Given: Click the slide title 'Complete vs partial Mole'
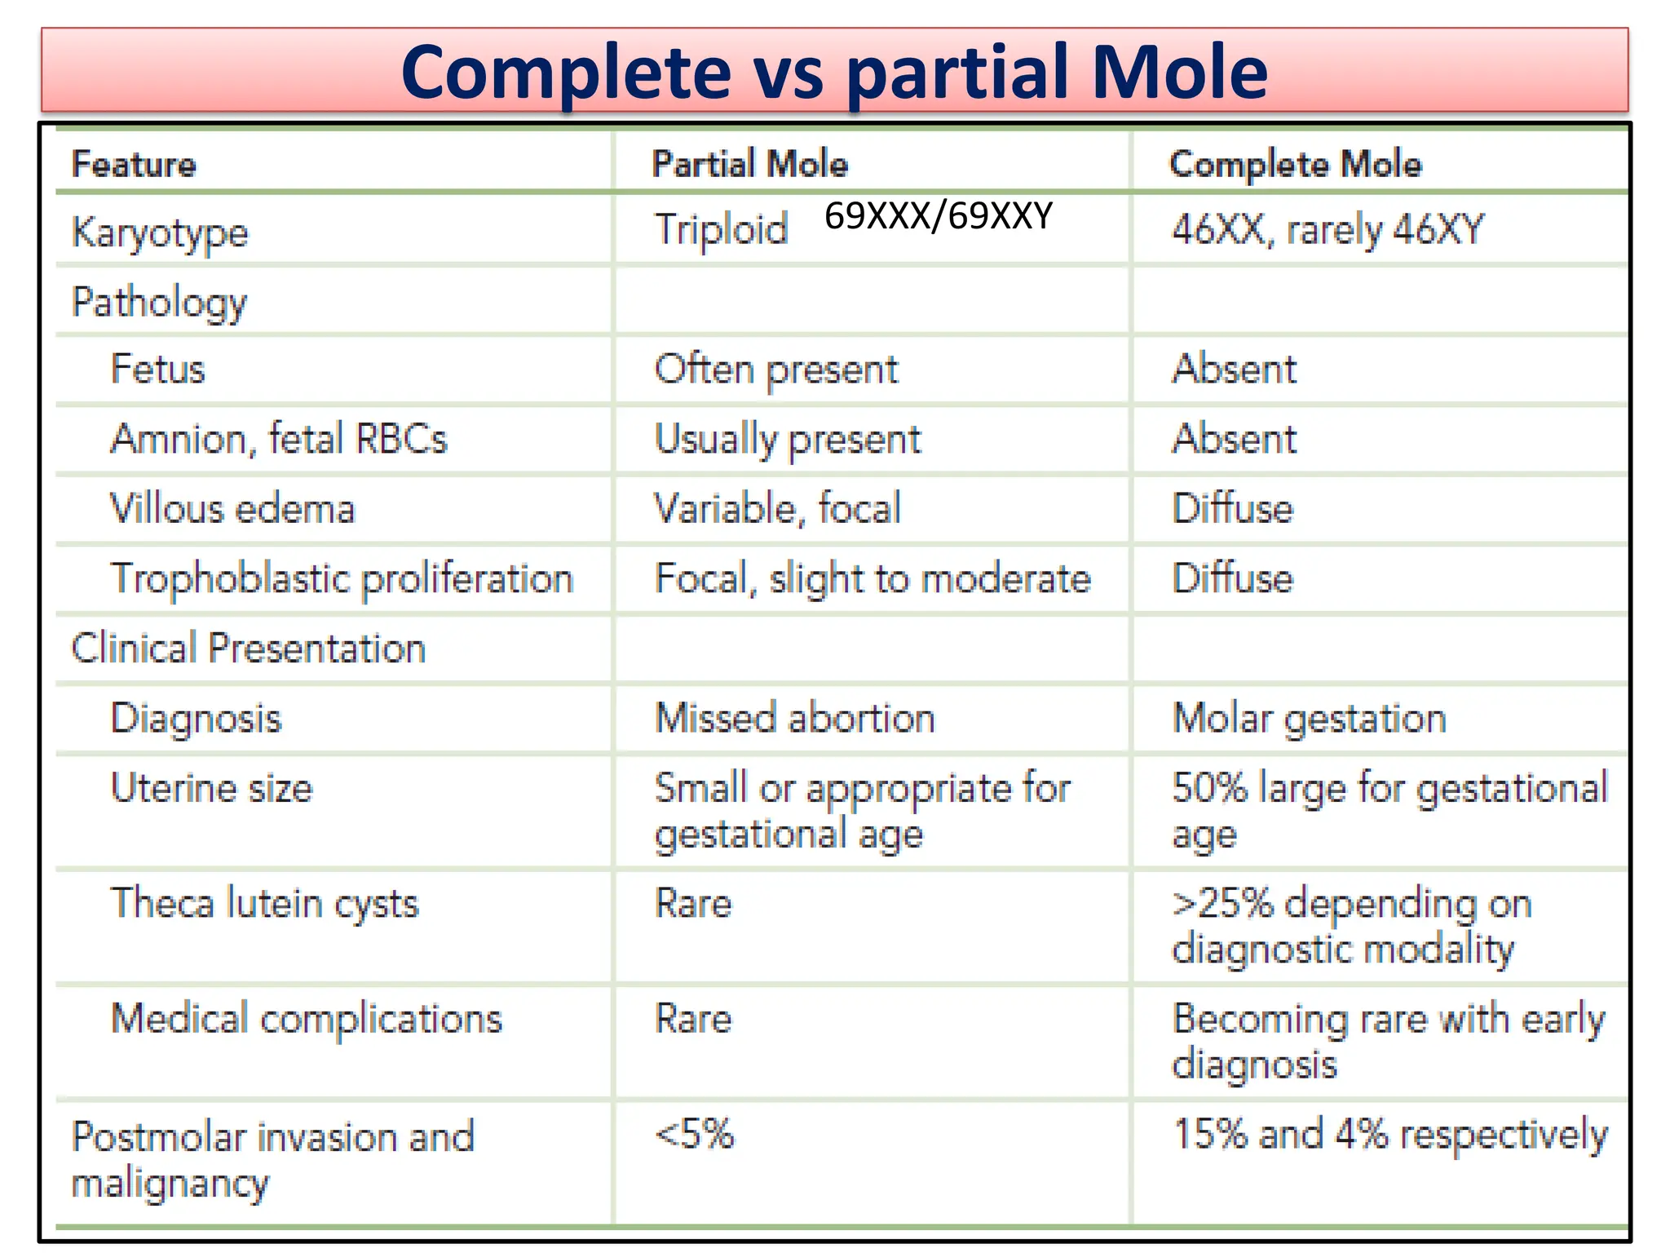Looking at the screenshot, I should [x=833, y=72].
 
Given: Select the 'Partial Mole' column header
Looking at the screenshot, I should [x=749, y=164].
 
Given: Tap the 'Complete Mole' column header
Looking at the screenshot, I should [x=1295, y=164].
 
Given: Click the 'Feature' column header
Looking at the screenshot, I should [x=134, y=164].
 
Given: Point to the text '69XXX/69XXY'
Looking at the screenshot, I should [x=938, y=216].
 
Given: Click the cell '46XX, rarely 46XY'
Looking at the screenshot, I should [x=1328, y=230].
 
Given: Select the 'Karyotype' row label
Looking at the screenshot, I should [x=160, y=233].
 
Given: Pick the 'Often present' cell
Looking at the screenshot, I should [x=775, y=370].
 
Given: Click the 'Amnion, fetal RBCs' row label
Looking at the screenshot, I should [x=279, y=439].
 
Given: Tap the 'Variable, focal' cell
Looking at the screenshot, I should [x=778, y=509].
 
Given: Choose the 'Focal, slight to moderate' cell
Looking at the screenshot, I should [x=873, y=579].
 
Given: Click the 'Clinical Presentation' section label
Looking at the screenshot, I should [x=248, y=649].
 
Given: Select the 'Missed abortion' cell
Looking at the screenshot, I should [x=794, y=719].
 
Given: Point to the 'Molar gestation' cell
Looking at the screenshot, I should [x=1309, y=719].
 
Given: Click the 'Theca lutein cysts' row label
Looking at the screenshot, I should [x=264, y=904].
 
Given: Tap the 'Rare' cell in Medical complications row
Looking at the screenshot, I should [x=693, y=1019].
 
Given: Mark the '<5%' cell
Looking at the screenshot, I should [x=694, y=1134].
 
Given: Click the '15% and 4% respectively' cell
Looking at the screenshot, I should [x=1389, y=1134].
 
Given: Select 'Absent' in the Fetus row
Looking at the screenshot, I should [x=1234, y=370].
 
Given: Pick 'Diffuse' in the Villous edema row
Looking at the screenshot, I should [x=1232, y=509].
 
